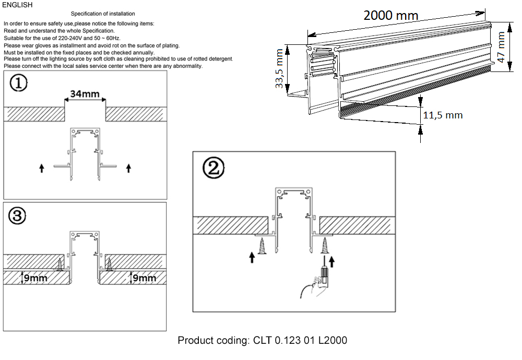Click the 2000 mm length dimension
click(x=390, y=15)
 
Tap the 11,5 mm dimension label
click(x=442, y=115)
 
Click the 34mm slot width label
click(x=85, y=94)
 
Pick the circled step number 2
click(x=213, y=168)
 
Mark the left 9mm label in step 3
click(x=35, y=278)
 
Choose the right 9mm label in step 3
click(x=144, y=278)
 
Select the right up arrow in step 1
click(x=129, y=168)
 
